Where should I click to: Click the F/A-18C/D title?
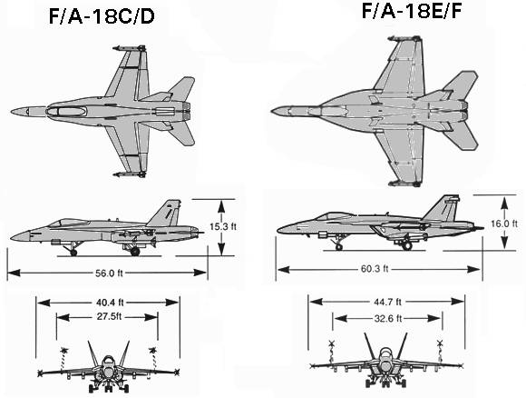102,16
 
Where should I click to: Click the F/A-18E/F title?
411,10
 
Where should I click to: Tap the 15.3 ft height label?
223,226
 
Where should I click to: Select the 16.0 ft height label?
504,224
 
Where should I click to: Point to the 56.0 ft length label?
109,273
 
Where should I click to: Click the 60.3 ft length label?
375,269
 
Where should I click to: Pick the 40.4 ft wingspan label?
110,303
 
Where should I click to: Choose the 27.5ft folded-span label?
109,316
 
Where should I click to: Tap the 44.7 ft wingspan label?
387,302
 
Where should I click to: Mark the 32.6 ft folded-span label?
388,318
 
